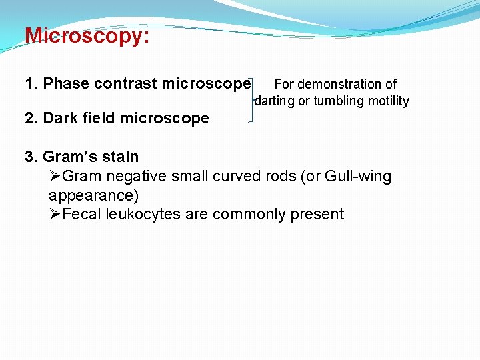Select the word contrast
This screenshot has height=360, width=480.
tap(126, 83)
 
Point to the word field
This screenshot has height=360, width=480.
tap(99, 118)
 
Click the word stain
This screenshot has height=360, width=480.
tap(121, 157)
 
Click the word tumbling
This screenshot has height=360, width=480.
tap(339, 101)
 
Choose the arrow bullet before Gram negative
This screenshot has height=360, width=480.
tap(55, 177)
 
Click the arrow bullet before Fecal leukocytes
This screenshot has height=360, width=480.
tap(55, 214)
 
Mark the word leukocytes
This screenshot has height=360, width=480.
tap(142, 214)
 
